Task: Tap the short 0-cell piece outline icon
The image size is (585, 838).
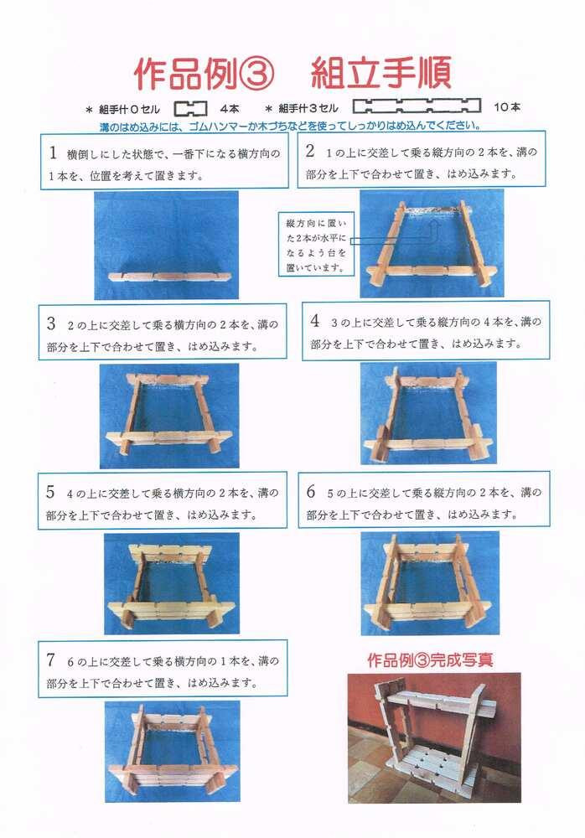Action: coord(190,108)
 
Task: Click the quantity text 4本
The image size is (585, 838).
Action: coord(230,108)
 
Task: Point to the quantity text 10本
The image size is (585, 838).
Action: coord(506,107)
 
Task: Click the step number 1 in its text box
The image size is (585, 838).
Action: coord(53,153)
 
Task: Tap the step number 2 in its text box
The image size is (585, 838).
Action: coord(310,151)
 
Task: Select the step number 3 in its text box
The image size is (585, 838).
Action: coord(51,323)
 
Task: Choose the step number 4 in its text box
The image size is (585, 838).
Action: coord(315,321)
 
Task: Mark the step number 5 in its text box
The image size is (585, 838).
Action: coord(50,492)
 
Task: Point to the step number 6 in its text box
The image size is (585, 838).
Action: coord(311,492)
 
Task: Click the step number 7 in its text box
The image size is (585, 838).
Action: coord(51,660)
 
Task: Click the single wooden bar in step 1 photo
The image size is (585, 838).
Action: coord(170,277)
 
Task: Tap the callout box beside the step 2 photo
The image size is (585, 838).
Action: coord(317,244)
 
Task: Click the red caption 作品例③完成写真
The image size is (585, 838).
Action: coord(430,660)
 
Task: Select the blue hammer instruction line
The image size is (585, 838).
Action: coord(290,127)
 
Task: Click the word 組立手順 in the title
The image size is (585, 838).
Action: coord(381,73)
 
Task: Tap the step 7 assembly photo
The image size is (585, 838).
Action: coord(171,752)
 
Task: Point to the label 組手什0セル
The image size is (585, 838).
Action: coord(129,109)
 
